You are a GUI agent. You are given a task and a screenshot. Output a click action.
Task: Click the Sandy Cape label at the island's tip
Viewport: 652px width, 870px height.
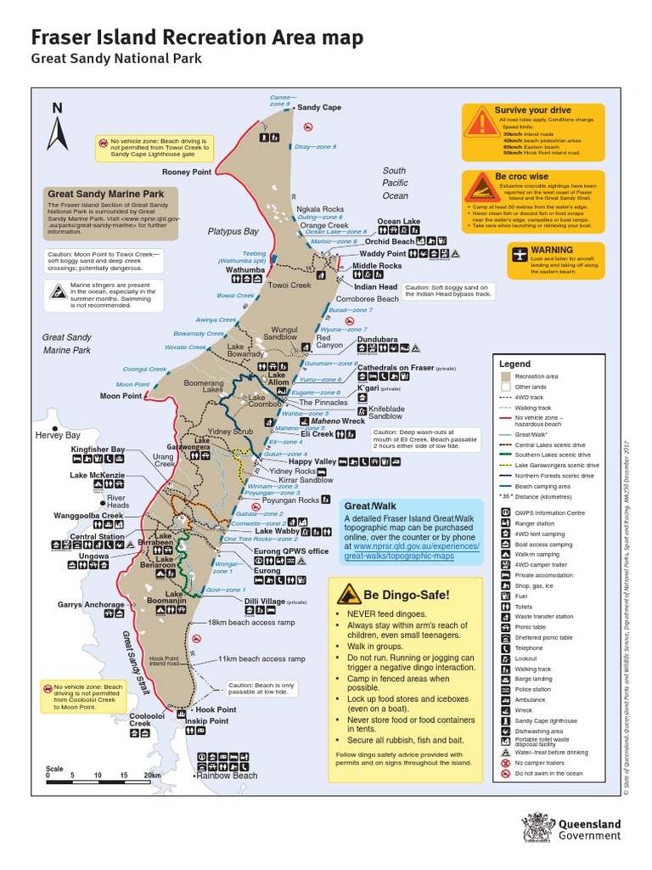coord(319,108)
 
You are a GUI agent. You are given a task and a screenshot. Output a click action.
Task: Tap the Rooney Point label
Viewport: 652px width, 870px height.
coord(187,172)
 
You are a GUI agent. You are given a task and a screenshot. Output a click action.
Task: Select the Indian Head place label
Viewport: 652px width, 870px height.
coord(376,287)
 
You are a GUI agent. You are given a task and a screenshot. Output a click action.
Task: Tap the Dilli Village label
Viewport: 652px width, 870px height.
coord(264,601)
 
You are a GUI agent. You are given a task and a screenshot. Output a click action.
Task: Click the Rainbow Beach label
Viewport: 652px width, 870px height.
coord(227,775)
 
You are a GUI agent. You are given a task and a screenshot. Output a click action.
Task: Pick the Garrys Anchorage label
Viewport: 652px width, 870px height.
coord(91,605)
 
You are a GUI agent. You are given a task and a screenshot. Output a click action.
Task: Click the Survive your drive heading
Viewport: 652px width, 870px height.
coord(532,110)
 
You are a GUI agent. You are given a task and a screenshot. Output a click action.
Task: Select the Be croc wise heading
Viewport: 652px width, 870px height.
coord(521,176)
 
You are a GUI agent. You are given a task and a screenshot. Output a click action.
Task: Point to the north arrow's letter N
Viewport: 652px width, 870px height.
coord(58,107)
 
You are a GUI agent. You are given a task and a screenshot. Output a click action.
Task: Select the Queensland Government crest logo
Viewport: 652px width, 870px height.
coord(539,829)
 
